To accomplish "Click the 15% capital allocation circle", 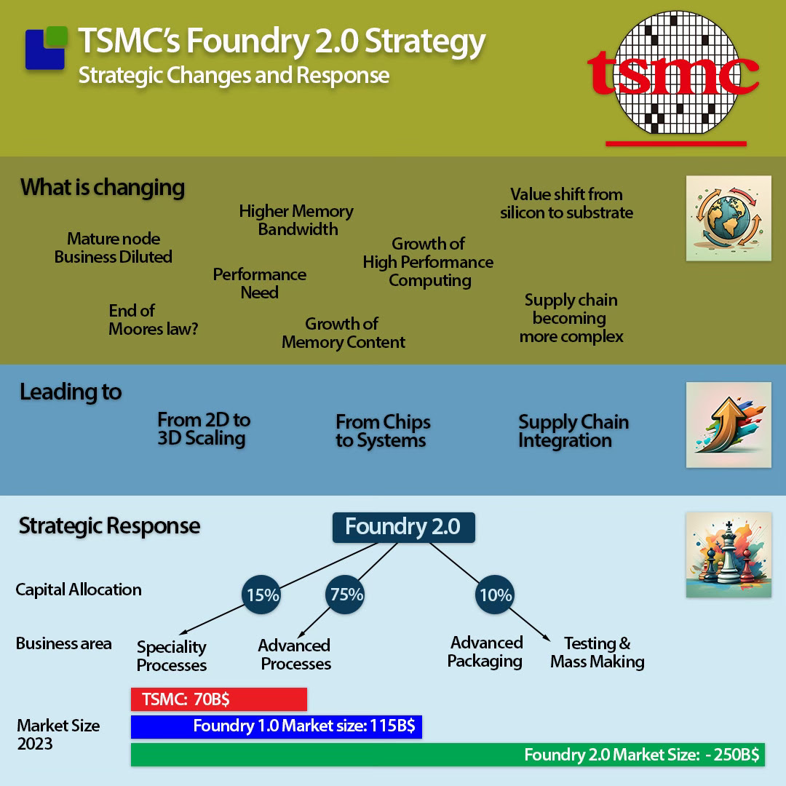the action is click(261, 595).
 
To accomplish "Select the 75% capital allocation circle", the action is click(345, 595).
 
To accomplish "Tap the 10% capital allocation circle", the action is click(495, 595).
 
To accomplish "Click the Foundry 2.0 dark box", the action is click(403, 528).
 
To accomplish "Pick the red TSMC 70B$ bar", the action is click(218, 699).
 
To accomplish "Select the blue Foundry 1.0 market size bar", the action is click(277, 727).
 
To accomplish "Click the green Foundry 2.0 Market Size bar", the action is click(448, 755).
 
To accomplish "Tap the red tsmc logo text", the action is click(672, 74).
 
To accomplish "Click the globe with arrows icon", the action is click(729, 218).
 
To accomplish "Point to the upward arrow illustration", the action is click(729, 424).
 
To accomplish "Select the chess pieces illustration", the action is click(729, 555).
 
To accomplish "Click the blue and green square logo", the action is click(46, 47).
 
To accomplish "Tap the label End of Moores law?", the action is click(154, 319).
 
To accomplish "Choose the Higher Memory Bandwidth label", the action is click(296, 220).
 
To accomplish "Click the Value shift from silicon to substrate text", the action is click(566, 204).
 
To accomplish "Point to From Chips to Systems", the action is click(383, 431).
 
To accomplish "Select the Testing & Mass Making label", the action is click(598, 653).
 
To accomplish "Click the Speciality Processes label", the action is click(172, 656).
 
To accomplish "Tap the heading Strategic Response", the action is click(109, 526).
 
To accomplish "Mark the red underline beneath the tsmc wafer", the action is click(675, 144).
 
